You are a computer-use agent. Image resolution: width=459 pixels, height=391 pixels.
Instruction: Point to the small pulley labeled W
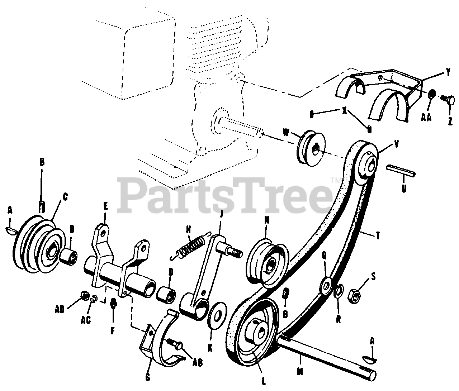(311, 148)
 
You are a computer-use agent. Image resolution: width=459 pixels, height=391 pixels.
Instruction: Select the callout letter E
(105, 206)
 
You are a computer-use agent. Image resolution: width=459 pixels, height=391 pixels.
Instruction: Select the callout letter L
(264, 382)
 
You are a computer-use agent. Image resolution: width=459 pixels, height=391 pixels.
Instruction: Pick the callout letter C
(65, 196)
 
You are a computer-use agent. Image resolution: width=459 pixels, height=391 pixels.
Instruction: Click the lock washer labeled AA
(432, 94)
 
